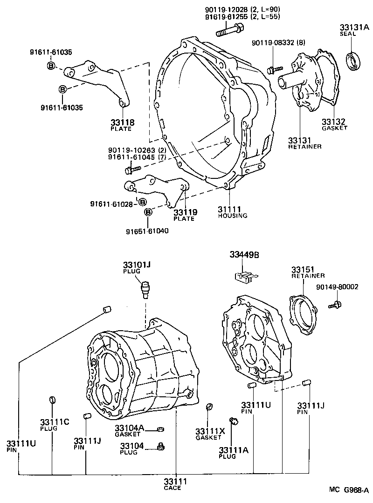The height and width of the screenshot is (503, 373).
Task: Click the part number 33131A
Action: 353,27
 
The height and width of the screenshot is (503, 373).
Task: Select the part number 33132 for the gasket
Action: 334,122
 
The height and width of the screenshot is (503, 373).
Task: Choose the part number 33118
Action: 122,122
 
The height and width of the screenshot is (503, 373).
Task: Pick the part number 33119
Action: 186,212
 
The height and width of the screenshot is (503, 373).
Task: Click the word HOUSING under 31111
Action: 233,216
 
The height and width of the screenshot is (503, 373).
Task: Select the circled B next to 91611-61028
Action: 142,202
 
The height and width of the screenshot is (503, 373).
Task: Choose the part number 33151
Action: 303,270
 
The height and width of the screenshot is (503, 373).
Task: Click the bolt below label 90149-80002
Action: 334,305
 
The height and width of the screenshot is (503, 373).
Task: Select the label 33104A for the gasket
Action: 130,428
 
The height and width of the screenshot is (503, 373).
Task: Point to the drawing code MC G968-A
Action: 349,489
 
